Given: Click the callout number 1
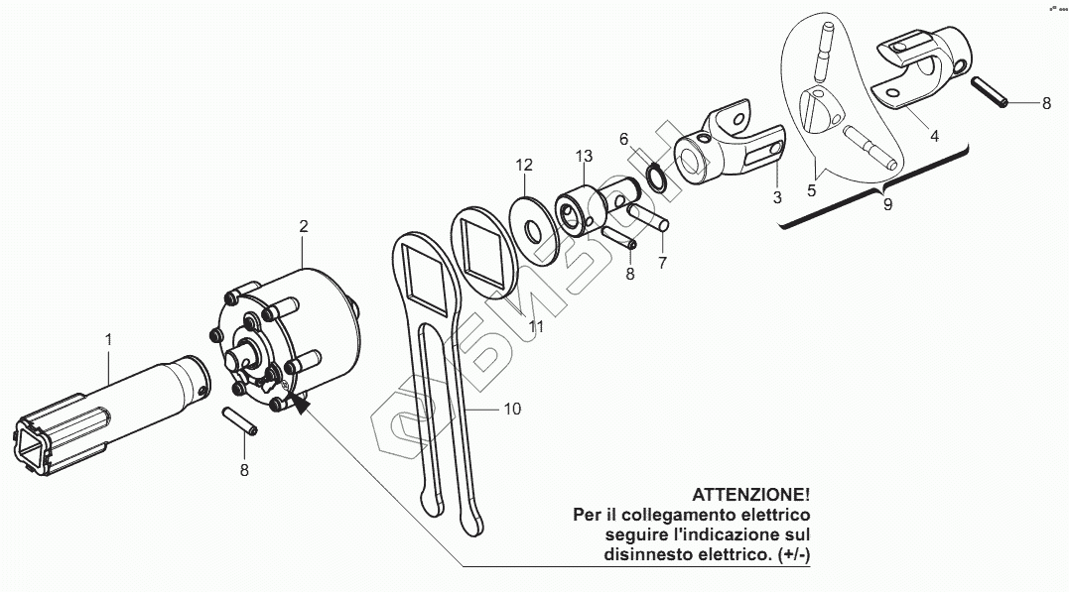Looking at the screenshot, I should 108,340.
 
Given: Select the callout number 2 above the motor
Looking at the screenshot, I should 304,227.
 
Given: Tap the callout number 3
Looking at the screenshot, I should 777,198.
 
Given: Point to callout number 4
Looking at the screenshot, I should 934,136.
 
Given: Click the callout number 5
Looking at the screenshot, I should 812,190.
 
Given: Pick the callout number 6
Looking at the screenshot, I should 624,138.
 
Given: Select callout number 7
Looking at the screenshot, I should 662,263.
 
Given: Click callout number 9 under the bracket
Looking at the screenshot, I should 887,204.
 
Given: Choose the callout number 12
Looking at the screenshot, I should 524,164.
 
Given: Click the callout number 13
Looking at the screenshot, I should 584,156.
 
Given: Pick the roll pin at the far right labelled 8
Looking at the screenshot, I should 989,94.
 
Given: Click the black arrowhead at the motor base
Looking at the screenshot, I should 299,403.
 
